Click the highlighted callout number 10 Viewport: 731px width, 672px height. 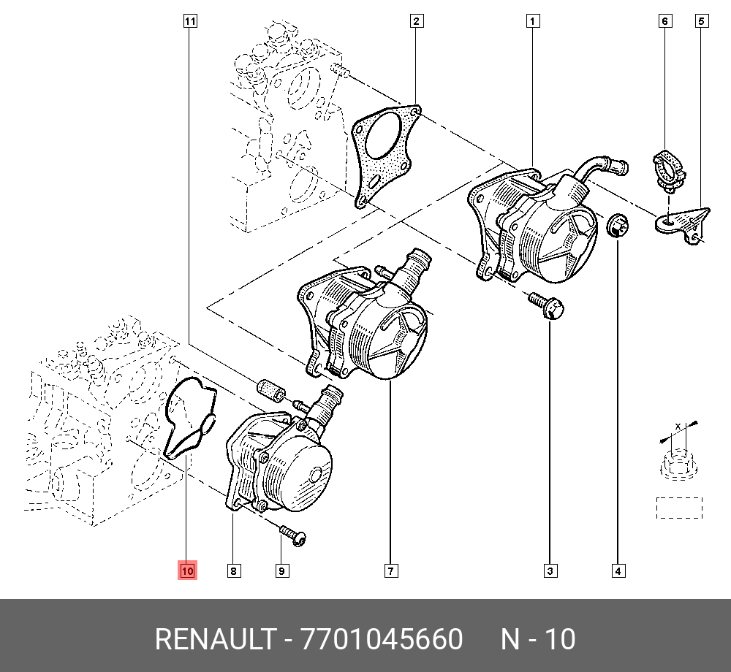[187, 570]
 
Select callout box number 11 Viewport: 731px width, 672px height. [189, 21]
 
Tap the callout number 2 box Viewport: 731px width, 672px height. [416, 21]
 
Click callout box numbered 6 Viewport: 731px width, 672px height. [665, 21]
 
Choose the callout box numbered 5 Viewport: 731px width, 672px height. [700, 21]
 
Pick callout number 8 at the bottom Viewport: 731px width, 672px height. [233, 570]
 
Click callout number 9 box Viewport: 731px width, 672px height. [281, 570]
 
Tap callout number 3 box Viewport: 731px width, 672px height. [550, 570]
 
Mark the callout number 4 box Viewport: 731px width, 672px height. [618, 570]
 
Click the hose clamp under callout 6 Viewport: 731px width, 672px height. [667, 167]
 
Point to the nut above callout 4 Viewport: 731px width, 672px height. [618, 226]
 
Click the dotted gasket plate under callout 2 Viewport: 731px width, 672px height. [383, 153]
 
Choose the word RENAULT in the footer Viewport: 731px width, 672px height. [215, 640]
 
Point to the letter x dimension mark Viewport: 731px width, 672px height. [678, 426]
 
